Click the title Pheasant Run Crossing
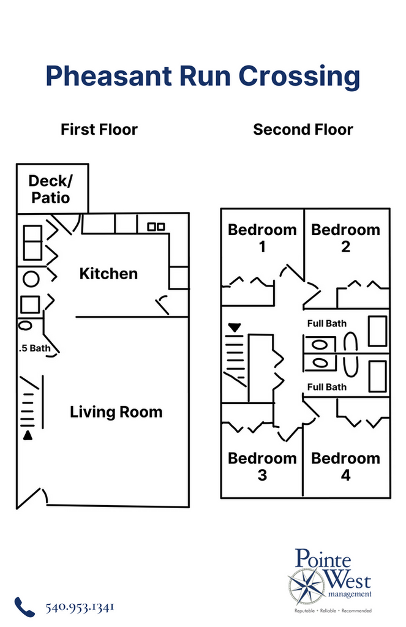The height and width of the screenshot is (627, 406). pos(203,77)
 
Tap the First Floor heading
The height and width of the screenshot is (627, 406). pos(99,130)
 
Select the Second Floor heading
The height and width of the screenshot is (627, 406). pos(303,130)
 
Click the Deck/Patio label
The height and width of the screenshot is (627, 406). pos(50,189)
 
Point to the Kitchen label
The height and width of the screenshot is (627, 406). pos(108,273)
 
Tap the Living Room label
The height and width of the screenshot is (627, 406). pos(116,411)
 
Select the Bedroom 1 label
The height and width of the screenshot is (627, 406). pos(262,238)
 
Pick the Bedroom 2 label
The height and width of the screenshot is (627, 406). pos(345,238)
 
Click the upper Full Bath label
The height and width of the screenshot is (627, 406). pos(326,323)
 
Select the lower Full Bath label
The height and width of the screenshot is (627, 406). pos(326,387)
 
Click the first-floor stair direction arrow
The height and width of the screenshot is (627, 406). pos(27,435)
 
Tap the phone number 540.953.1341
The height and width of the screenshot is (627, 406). pos(80,607)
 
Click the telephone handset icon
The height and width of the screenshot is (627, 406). pos(24,607)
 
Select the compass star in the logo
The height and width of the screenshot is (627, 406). pos(307,586)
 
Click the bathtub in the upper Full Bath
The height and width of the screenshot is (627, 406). pos(377,331)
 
